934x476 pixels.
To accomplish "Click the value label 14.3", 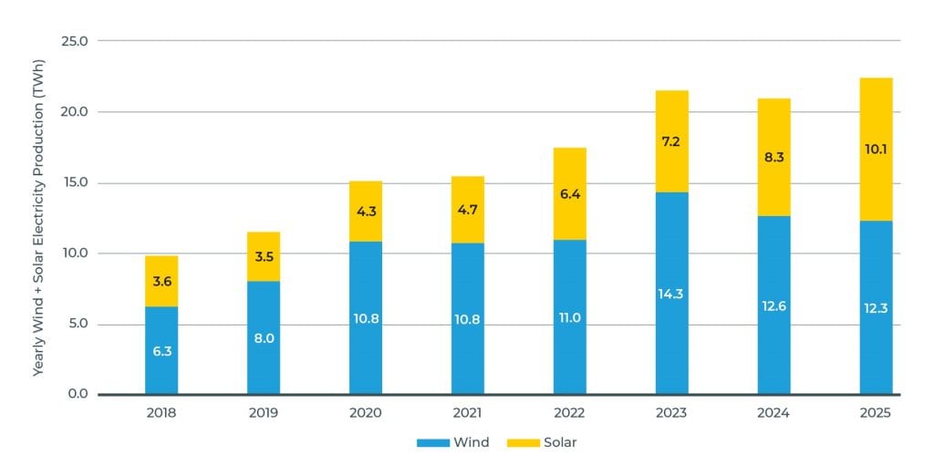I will [672, 295].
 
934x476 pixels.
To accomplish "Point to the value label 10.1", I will [876, 150].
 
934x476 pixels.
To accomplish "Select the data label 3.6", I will [161, 282].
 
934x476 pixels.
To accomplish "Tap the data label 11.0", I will [570, 318].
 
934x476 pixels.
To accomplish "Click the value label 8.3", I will [773, 157].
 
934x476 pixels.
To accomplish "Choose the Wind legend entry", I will [452, 443].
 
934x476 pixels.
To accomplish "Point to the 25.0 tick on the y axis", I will [73, 41].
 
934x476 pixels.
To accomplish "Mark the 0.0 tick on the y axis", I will [76, 395].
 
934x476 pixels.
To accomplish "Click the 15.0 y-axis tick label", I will [73, 182].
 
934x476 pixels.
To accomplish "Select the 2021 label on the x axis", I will [468, 413].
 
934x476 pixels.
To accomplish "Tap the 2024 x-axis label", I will [773, 413].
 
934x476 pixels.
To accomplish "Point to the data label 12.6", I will [773, 306].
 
